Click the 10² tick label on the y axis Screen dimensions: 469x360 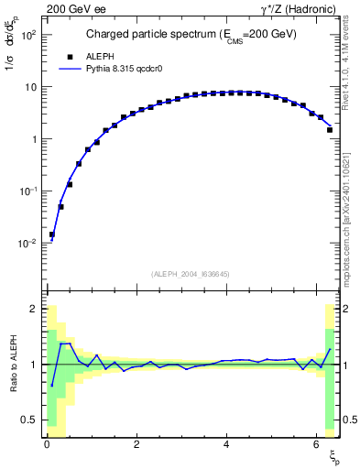[28, 35]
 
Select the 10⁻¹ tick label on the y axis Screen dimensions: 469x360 [28, 191]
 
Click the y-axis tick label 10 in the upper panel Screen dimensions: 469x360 [32, 87]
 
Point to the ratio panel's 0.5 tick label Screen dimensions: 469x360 [31, 420]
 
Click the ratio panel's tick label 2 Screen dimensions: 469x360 [36, 309]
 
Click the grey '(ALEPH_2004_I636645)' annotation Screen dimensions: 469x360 [191, 274]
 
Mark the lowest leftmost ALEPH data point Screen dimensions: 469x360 [52, 234]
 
